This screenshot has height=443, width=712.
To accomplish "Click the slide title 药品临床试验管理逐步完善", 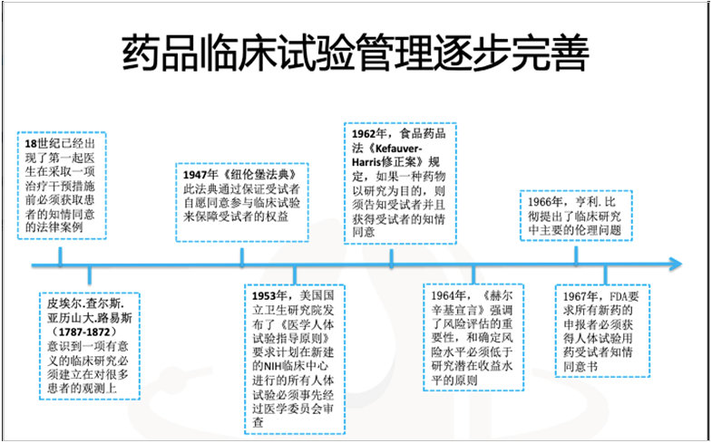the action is click(x=356, y=54).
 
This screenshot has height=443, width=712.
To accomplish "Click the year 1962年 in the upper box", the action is click(x=368, y=132).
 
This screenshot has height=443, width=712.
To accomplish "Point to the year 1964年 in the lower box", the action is click(x=448, y=295).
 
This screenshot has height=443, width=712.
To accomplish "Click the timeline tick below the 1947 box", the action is click(x=242, y=257).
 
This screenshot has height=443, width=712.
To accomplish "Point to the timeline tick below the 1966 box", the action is click(x=577, y=257).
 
